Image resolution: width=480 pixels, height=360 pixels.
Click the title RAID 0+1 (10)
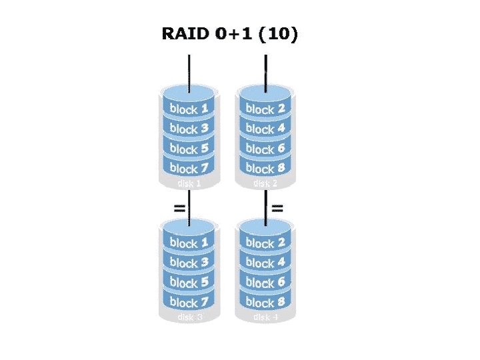229,34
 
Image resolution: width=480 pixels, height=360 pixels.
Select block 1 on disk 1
189,108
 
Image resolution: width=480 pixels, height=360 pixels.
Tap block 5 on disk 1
189,148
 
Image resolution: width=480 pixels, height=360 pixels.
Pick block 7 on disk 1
189,168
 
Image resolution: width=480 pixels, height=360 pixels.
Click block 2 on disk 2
265,108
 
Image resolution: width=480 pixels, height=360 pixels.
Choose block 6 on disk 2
265,148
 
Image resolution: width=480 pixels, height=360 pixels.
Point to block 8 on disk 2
265,168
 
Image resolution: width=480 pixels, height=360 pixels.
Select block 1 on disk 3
189,243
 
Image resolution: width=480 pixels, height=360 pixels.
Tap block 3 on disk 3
189,263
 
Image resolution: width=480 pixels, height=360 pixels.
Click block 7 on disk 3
189,302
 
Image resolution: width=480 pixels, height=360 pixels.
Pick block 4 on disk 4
265,263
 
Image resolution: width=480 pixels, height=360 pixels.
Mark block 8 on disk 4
265,302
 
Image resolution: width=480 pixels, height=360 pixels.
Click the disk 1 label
189,183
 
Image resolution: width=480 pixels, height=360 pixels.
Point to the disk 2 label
265,183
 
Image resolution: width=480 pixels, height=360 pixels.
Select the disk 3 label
189,317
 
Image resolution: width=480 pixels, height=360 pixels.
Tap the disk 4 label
265,317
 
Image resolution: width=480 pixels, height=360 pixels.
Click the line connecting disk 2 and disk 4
266,207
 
